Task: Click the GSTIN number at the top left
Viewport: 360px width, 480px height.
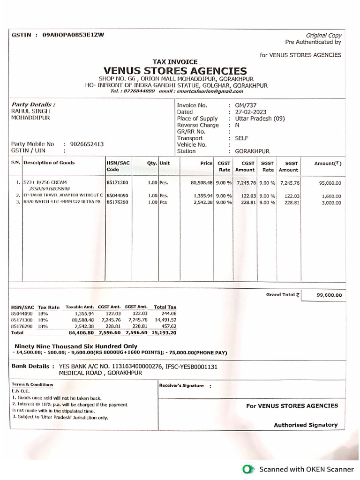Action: click(x=73, y=35)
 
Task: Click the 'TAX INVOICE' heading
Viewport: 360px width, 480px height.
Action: click(x=175, y=61)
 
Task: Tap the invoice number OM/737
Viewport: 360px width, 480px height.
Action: click(x=246, y=105)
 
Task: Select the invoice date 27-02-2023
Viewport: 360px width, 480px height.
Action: click(x=251, y=112)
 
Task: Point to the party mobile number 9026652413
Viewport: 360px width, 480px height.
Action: click(x=87, y=144)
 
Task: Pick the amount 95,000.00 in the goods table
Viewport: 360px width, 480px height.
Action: click(x=330, y=183)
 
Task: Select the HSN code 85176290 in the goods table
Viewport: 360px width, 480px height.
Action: click(x=117, y=202)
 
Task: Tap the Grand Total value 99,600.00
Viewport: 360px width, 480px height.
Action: click(x=330, y=295)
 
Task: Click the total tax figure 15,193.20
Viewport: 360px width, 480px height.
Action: click(x=165, y=332)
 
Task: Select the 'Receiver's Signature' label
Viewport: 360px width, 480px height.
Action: click(x=182, y=385)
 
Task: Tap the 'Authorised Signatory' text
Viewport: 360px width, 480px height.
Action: click(x=306, y=425)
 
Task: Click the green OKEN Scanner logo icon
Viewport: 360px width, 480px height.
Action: click(x=247, y=469)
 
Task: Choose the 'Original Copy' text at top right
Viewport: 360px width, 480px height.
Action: click(x=324, y=35)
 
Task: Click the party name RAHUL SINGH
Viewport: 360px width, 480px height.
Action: click(x=30, y=111)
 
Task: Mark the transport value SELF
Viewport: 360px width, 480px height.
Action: click(x=242, y=138)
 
